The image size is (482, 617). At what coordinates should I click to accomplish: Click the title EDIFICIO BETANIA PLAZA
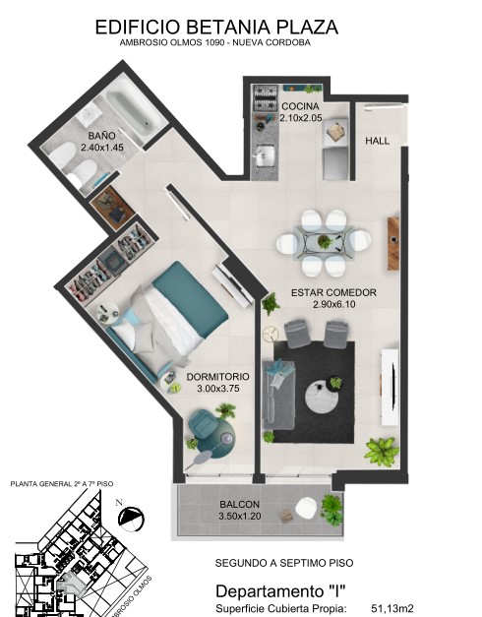tap(216, 28)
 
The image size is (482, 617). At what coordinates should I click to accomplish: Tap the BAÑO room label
tap(102, 136)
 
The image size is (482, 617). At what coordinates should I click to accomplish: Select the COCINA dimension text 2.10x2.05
tap(301, 118)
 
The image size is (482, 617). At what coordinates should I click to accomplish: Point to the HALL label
tap(378, 141)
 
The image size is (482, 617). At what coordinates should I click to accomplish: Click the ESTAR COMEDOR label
tap(333, 293)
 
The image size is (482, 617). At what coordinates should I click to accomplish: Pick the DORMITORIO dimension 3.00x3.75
tap(218, 389)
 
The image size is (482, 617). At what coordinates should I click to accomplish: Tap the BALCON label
tap(240, 504)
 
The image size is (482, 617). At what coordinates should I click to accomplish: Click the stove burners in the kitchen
tap(266, 98)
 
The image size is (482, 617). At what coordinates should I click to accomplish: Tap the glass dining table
tap(324, 242)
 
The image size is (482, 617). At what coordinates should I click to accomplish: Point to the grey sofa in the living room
tap(279, 396)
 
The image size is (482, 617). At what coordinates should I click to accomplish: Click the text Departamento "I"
tap(280, 591)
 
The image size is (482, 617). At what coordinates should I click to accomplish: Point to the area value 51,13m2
tap(392, 608)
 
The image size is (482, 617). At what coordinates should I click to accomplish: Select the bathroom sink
tap(89, 113)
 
